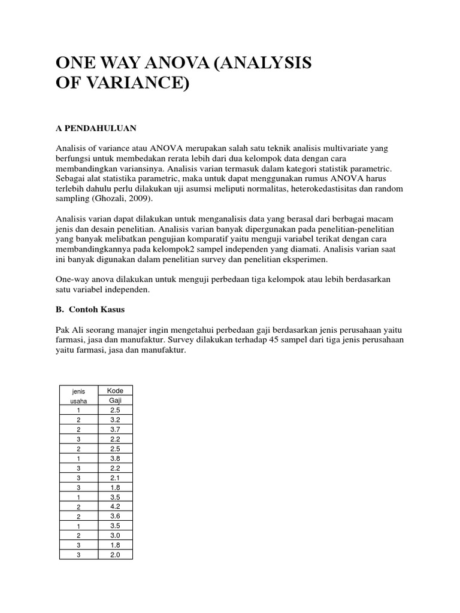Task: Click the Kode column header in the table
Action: point(114,391)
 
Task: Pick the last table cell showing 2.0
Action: point(114,554)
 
